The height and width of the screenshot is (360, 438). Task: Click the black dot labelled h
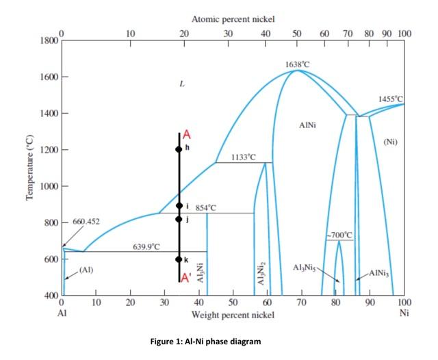pyautogui.click(x=179, y=149)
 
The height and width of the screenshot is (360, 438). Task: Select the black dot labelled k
pyautogui.click(x=179, y=259)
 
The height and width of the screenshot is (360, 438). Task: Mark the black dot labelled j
pyautogui.click(x=179, y=219)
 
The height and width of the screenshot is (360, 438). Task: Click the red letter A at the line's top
pyautogui.click(x=186, y=136)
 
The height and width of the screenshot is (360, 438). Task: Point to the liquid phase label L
pyautogui.click(x=181, y=85)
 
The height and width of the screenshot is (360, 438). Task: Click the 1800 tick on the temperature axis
pyautogui.click(x=47, y=42)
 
